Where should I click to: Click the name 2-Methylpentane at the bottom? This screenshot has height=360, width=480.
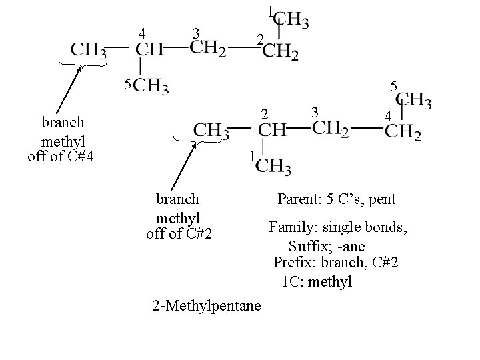207,305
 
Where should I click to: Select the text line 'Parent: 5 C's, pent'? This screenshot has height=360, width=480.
337,199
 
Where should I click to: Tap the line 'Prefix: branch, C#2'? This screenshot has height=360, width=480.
336,263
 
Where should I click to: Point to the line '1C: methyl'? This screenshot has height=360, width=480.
317,282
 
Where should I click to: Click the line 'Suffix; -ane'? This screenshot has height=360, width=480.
327,247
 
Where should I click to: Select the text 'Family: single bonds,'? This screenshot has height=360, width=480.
339,227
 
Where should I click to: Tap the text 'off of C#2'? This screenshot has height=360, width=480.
179,233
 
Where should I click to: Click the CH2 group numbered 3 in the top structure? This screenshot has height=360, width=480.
208,49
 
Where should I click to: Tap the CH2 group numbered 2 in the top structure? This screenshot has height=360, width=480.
281,51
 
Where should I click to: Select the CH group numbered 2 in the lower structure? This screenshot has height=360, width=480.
272,130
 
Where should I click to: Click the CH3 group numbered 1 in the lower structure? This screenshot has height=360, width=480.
273,166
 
